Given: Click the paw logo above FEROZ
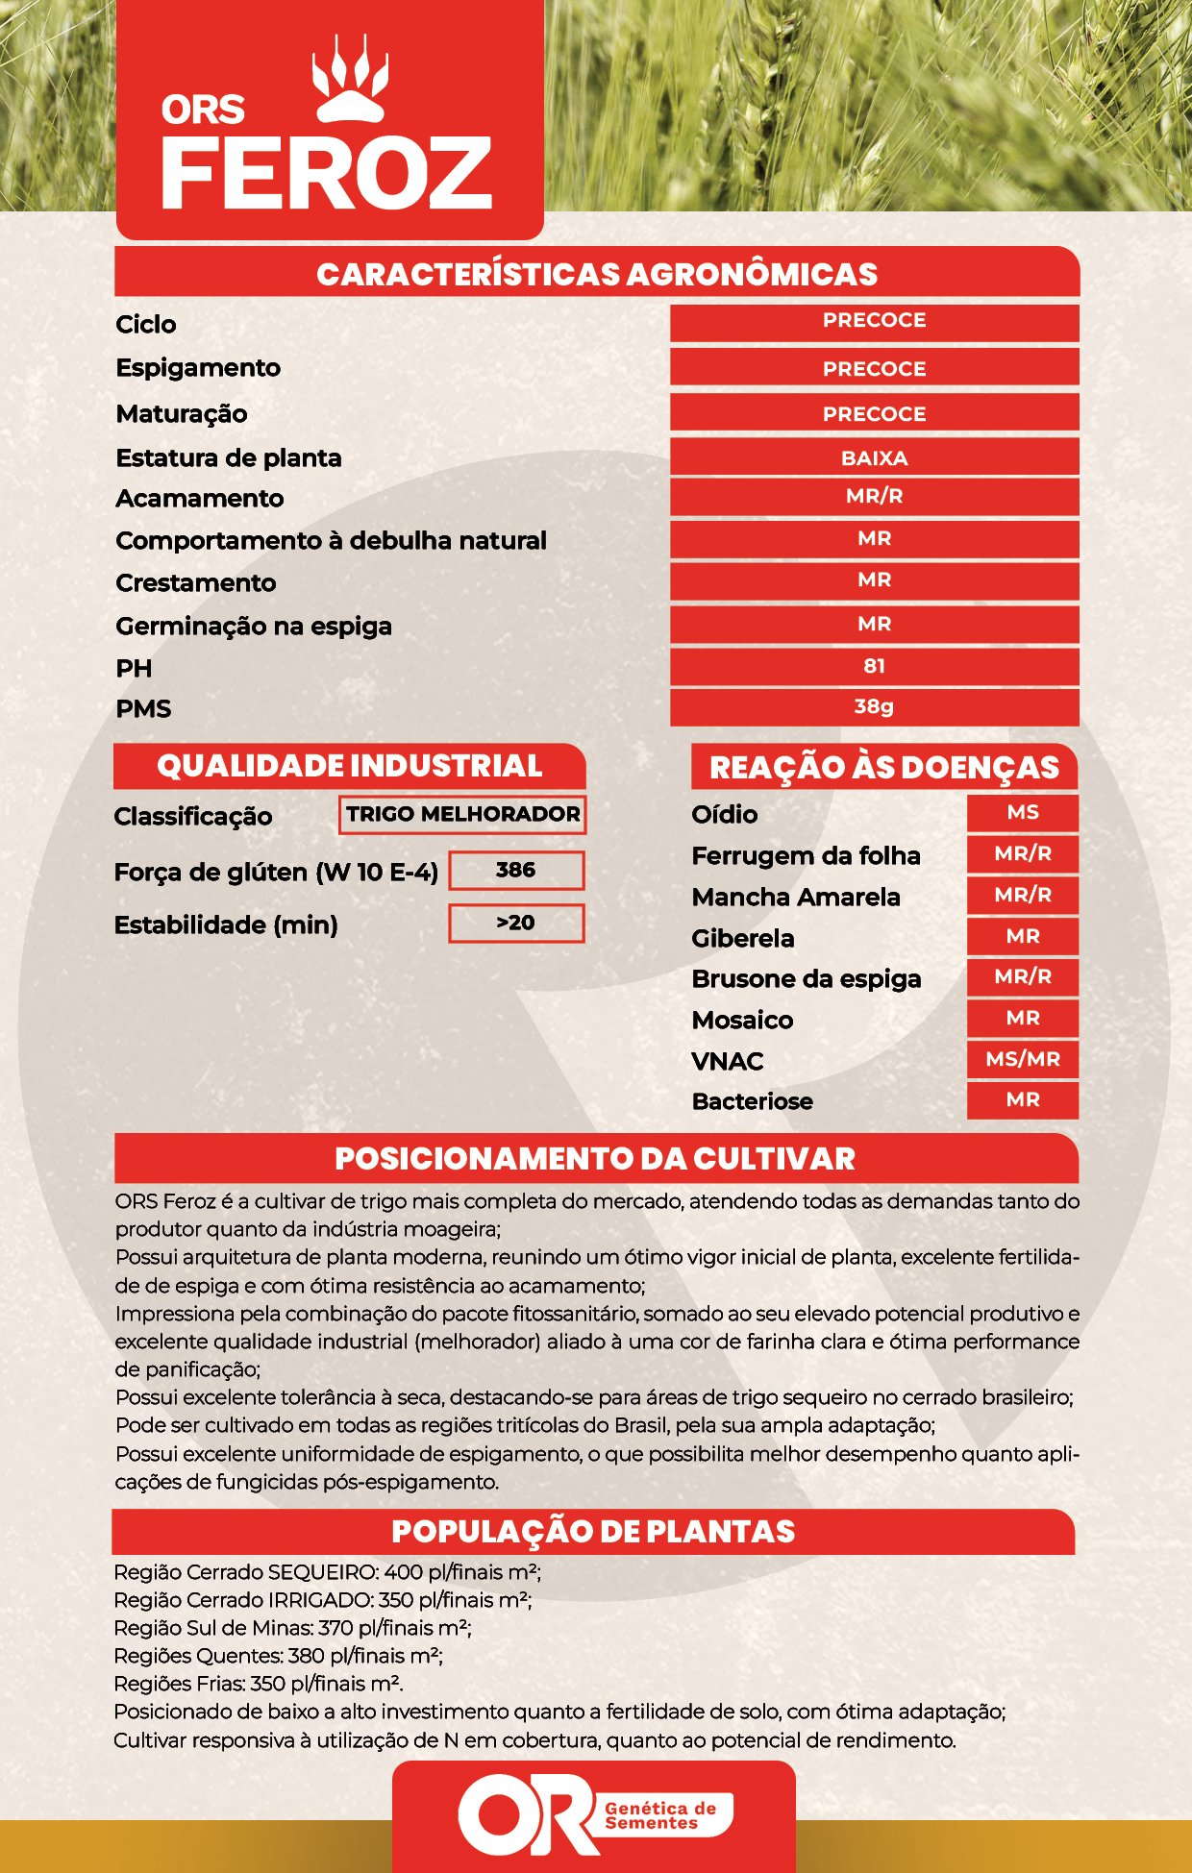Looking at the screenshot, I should point(350,81).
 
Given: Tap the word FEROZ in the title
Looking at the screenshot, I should point(327,174).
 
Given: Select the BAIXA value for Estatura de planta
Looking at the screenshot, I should point(874,457).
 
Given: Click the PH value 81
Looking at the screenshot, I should point(874,666).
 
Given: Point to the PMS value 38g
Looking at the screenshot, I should point(874,706).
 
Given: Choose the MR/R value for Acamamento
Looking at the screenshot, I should point(874,497).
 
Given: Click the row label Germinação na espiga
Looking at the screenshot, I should point(254,627).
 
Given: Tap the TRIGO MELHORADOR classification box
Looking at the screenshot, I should point(462,814).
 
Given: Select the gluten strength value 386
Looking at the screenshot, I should point(516,870).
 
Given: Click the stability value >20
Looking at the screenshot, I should point(516,923).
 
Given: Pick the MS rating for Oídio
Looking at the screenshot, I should point(1023,812).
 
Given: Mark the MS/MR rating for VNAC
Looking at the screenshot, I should point(1023,1059).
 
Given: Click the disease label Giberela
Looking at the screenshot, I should point(743,938).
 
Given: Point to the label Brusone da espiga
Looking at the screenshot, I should point(807,979).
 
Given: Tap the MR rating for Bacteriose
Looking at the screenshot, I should point(1023,1099).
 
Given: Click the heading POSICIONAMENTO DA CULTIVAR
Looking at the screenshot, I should point(595,1159).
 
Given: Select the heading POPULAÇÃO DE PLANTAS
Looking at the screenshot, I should point(593,1532).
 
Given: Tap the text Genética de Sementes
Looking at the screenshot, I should point(660,1815).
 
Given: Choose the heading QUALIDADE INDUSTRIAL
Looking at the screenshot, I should point(350,766).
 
